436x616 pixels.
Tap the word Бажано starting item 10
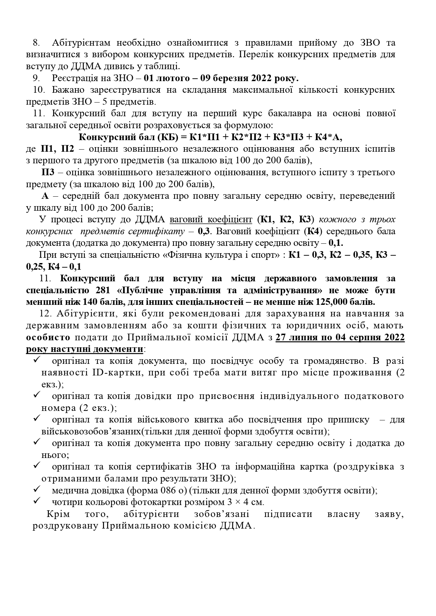pyautogui.click(x=67, y=90)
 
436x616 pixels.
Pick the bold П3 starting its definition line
pyautogui.click(x=48, y=172)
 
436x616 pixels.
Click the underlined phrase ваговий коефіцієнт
pyautogui.click(x=211, y=220)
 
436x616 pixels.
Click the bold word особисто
pyautogui.click(x=48, y=338)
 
